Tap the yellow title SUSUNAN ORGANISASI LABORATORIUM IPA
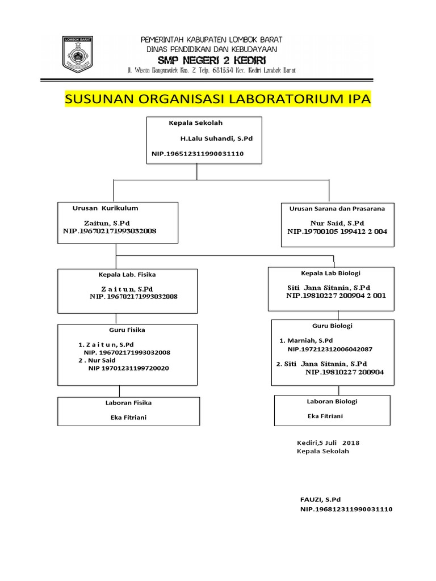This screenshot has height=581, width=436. (x=218, y=99)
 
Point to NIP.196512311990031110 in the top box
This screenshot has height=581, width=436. (x=197, y=154)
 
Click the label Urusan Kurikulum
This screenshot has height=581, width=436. (x=105, y=208)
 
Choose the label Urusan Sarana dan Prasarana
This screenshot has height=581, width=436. (x=337, y=209)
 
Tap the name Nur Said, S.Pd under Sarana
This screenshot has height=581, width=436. (x=337, y=223)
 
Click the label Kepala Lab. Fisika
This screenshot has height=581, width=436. (x=127, y=275)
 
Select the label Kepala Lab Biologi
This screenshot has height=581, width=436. (x=330, y=273)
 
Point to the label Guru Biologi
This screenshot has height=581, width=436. (x=332, y=326)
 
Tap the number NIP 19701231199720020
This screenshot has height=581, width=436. (x=128, y=368)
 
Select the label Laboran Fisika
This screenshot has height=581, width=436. (x=128, y=403)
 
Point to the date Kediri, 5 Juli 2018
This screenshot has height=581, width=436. (x=328, y=443)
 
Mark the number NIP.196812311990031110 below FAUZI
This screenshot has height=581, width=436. (x=346, y=509)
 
